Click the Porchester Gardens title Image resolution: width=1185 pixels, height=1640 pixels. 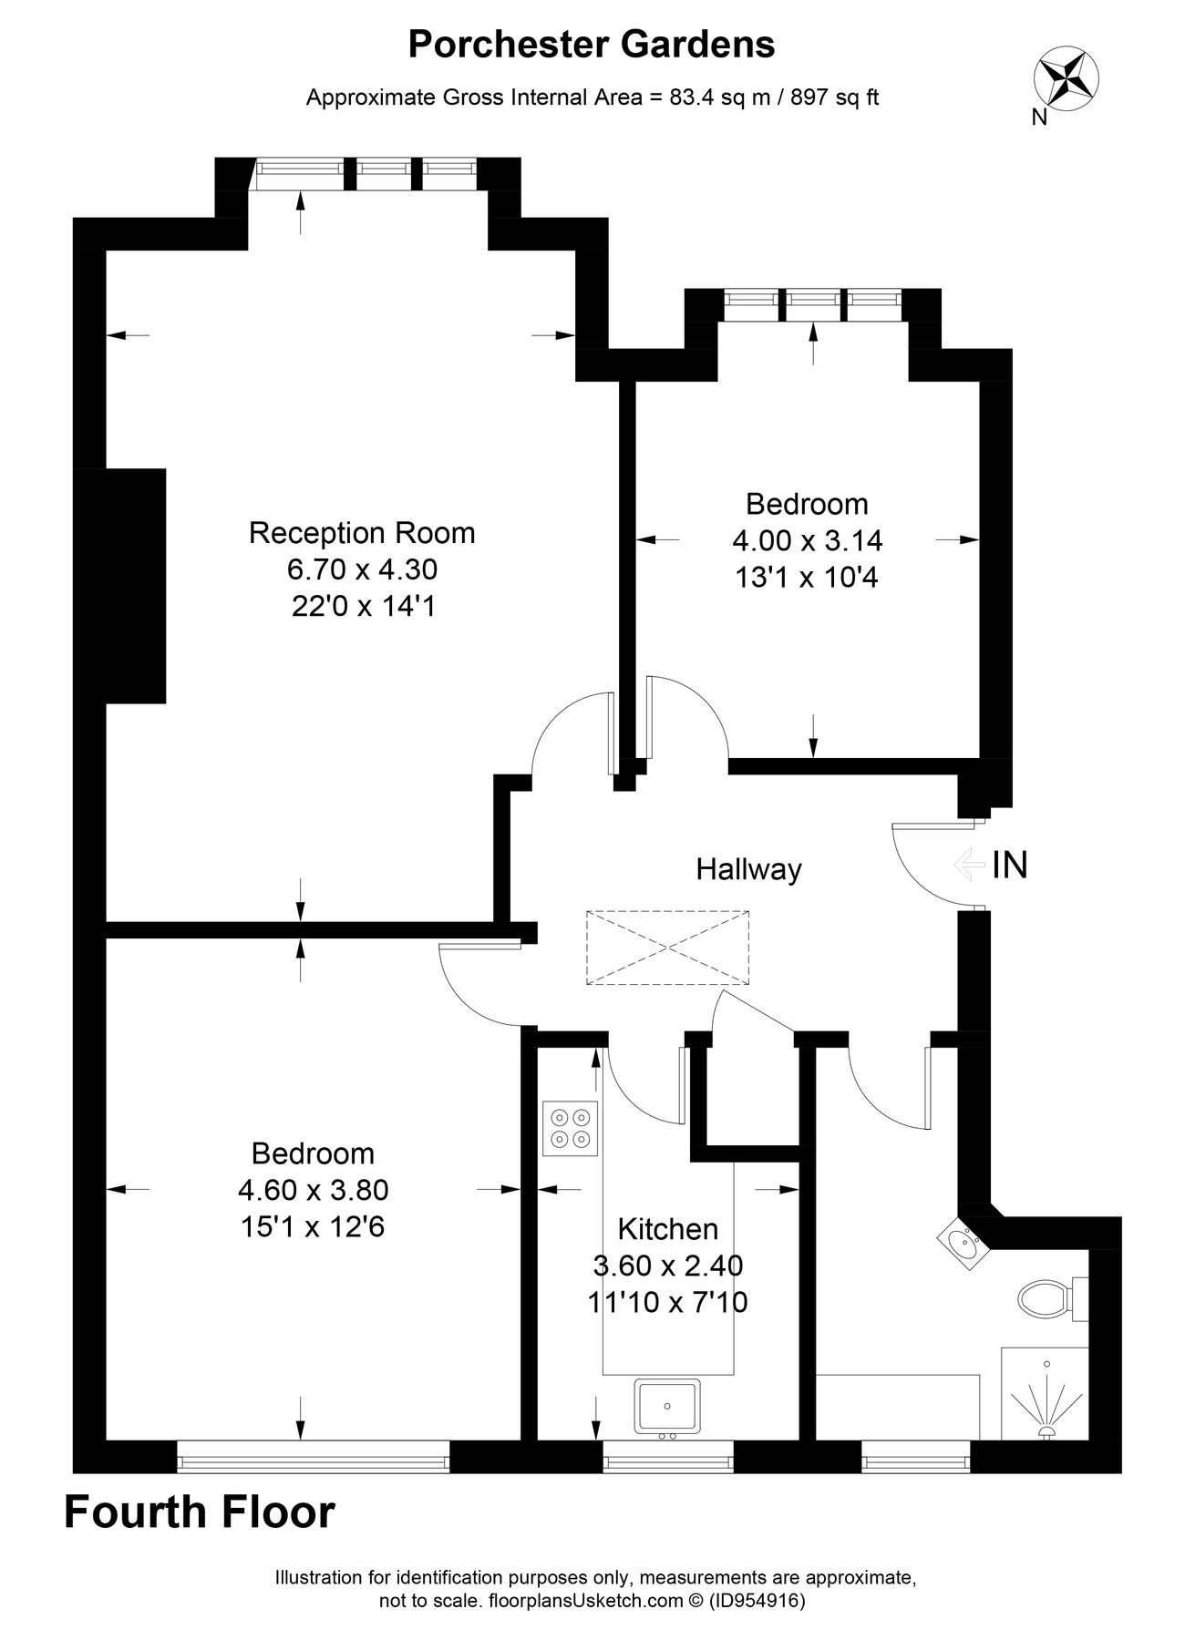pyautogui.click(x=592, y=44)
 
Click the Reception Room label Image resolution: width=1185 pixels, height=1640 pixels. pyautogui.click(x=362, y=532)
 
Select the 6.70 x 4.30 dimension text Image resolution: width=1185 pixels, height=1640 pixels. pyautogui.click(x=362, y=569)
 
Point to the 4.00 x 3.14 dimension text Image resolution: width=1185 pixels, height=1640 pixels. pyautogui.click(x=807, y=540)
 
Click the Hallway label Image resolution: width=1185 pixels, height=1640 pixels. pyautogui.click(x=748, y=869)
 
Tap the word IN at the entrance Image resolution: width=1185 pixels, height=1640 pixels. pyautogui.click(x=1010, y=865)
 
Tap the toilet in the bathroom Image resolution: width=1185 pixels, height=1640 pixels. pyautogui.click(x=1046, y=1297)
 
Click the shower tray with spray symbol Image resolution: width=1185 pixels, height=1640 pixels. pyautogui.click(x=1045, y=1394)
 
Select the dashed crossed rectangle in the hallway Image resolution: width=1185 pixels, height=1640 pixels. pyautogui.click(x=667, y=948)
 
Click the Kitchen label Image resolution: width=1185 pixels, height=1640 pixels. pyautogui.click(x=667, y=1229)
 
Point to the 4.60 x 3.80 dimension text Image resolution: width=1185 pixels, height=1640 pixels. pyautogui.click(x=313, y=1190)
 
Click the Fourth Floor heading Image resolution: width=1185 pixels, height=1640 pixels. pyautogui.click(x=200, y=1512)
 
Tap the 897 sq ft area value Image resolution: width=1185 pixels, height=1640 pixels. pyautogui.click(x=835, y=97)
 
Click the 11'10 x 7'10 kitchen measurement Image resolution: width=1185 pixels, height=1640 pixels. pyautogui.click(x=667, y=1302)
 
